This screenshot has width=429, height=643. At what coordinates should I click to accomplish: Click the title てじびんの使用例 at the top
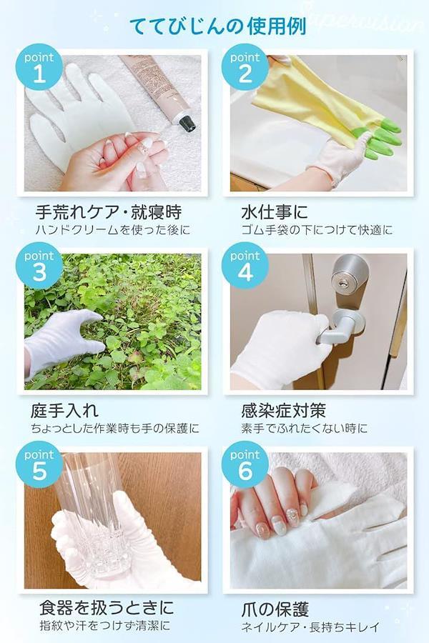(x=218, y=26)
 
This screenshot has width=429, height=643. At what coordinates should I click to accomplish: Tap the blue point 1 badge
(x=39, y=67)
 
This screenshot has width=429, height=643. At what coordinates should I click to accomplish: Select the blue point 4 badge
(x=245, y=266)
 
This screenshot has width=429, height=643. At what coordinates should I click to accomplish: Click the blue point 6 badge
(x=245, y=464)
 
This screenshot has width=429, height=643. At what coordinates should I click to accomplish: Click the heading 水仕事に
(x=275, y=212)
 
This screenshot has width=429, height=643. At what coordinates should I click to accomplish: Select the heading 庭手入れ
(x=64, y=411)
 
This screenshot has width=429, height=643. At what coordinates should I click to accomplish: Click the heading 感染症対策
(x=284, y=411)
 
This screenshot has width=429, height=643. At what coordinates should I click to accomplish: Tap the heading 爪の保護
(x=275, y=609)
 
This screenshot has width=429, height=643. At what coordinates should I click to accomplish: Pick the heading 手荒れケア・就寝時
(x=109, y=212)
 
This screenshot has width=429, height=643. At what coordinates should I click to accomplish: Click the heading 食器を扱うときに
(x=107, y=608)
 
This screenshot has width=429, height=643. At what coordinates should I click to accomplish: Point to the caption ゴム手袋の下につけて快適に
(x=317, y=229)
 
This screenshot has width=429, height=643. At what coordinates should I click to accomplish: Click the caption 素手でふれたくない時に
(x=304, y=429)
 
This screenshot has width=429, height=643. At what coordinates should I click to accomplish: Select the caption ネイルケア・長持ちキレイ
(x=310, y=627)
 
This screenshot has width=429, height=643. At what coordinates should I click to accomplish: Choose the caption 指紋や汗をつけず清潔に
(x=104, y=626)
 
